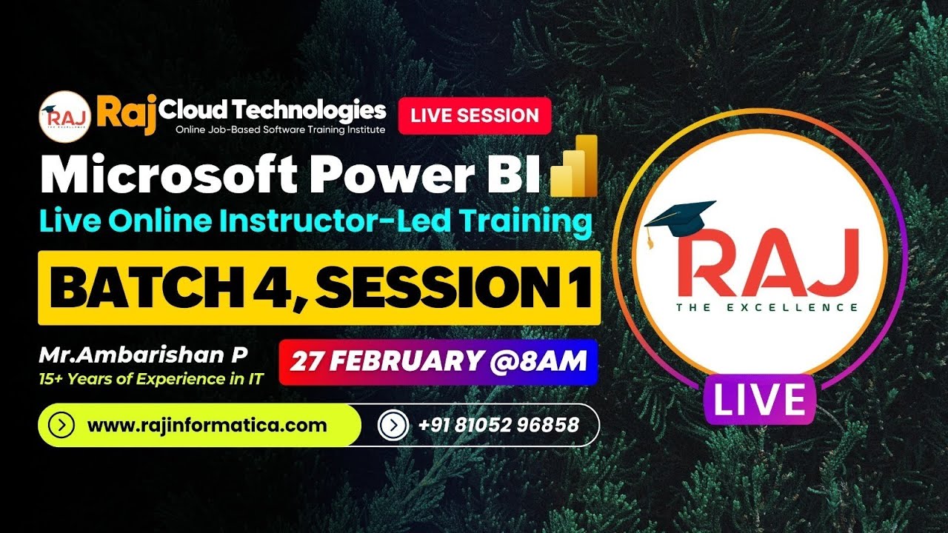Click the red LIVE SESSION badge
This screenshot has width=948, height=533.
point(475,115)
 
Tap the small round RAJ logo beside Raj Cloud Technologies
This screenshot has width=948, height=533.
point(63,115)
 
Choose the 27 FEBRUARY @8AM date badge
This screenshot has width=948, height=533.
point(438,362)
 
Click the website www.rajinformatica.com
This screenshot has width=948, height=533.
point(207,426)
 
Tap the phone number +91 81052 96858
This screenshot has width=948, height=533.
point(498,426)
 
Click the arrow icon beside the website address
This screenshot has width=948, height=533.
point(61,426)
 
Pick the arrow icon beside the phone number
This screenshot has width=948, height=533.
point(393,426)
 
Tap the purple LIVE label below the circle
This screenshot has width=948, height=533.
point(760,399)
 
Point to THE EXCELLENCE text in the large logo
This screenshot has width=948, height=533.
point(767,306)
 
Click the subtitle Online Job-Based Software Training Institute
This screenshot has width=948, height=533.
point(280,130)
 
